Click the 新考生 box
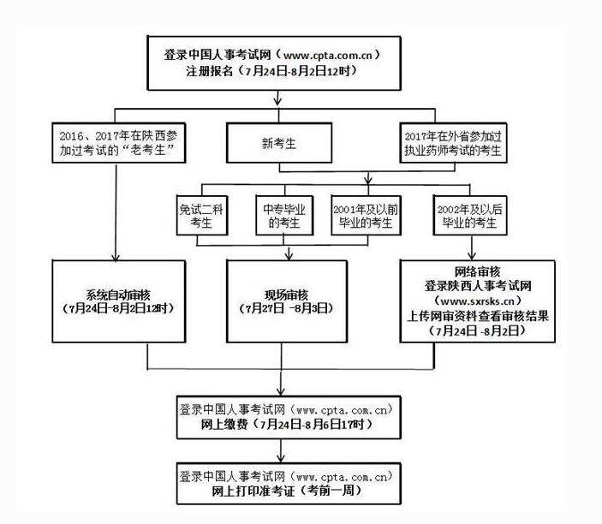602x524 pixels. click(279, 143)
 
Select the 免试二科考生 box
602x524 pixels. click(202, 216)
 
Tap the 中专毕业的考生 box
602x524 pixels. click(284, 216)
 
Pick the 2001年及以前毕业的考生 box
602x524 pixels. click(366, 216)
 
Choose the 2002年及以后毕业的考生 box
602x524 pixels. click(470, 216)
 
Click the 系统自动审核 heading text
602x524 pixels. click(118, 295)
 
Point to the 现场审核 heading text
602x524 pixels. click(286, 295)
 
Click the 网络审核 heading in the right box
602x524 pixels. click(477, 271)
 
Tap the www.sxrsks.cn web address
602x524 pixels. click(477, 301)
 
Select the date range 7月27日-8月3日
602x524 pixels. click(286, 308)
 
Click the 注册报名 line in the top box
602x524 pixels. click(271, 71)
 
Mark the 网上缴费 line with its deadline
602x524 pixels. click(286, 424)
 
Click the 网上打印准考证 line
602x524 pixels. click(286, 491)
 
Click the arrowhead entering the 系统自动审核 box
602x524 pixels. click(116, 257)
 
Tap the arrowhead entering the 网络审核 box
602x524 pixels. click(472, 256)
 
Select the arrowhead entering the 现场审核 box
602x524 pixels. click(289, 256)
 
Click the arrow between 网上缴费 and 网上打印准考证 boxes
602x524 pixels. click(281, 450)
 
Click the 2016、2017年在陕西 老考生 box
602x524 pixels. click(119, 143)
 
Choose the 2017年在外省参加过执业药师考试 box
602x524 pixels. click(453, 143)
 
